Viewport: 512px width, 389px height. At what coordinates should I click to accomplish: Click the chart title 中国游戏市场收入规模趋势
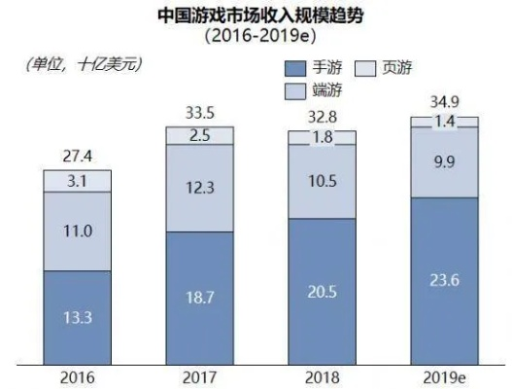[256, 17]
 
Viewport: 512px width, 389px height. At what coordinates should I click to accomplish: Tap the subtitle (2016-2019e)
[256, 38]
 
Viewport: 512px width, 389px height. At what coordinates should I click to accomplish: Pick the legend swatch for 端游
[294, 90]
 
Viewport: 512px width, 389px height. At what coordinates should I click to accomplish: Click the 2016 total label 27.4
[76, 156]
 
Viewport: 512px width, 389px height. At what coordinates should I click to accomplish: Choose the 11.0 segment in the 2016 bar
[76, 231]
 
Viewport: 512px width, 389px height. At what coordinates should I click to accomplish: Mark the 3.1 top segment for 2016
[76, 180]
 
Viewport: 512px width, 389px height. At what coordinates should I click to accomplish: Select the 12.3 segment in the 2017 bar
[198, 189]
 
